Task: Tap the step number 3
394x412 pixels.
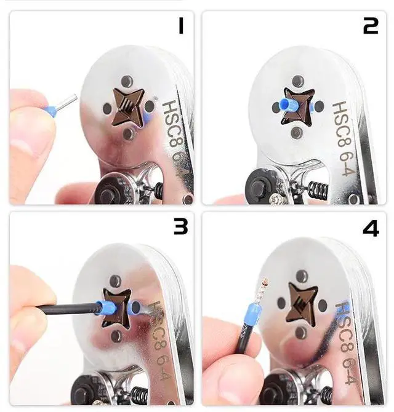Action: (181, 228)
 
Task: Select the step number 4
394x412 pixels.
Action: (371, 229)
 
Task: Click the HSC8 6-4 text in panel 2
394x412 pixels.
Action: (345, 139)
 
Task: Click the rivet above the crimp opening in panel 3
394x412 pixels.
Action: (116, 280)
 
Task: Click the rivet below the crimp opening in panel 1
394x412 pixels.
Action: (128, 133)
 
